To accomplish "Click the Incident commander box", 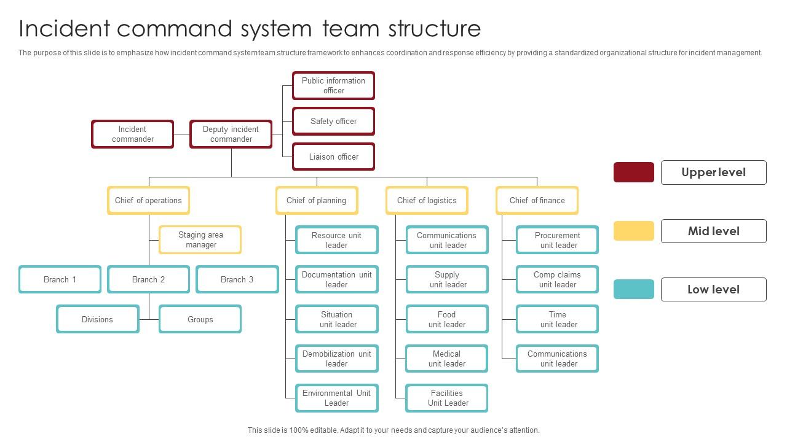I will pos(133,134).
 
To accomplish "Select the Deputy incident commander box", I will pos(231,134).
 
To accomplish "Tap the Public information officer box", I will pos(333,85).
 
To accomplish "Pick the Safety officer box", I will pos(333,122).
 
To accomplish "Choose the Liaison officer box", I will pos(333,157).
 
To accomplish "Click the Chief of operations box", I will pos(148,201).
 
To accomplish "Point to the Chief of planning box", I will pos(317,201).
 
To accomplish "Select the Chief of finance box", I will pos(537,201).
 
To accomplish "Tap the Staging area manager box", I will pos(200,240).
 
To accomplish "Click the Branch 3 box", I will pos(237,279).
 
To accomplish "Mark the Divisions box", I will pos(98,319).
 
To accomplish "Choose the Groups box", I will pos(200,319).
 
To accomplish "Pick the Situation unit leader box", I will pos(337,319).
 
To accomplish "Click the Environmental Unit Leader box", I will pos(337,398).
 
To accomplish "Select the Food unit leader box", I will pos(447,319).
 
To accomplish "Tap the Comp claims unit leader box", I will pos(558,279).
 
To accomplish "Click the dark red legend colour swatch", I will pos(634,173).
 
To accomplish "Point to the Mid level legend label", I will pos(714,231).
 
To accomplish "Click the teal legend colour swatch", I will pos(634,289).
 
